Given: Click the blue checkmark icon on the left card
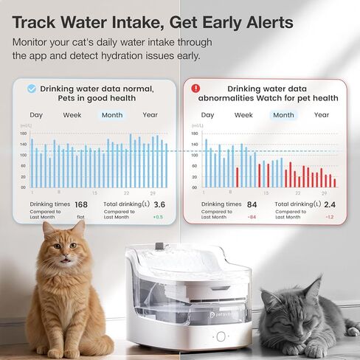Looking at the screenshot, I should tap(31, 89).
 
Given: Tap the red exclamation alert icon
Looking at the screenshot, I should tap(195, 89).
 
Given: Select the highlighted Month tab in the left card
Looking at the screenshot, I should tap(112, 115).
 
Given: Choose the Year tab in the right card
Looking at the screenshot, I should tap(322, 115).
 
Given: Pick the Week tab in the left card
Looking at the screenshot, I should tap(72, 115).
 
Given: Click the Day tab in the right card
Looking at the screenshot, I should tap(208, 115).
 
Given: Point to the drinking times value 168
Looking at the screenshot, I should tap(81, 204).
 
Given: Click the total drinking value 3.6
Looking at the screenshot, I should tap(159, 204).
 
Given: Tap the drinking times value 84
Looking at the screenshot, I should tap(252, 204).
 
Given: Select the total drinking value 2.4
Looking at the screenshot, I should tap(330, 204).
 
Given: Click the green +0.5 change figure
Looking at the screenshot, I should tap(158, 217).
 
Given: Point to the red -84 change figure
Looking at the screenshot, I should tap(252, 217).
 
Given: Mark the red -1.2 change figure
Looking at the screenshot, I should tap(330, 217).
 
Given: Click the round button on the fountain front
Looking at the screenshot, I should tap(221, 336).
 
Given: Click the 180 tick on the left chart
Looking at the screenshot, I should tap(23, 134).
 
